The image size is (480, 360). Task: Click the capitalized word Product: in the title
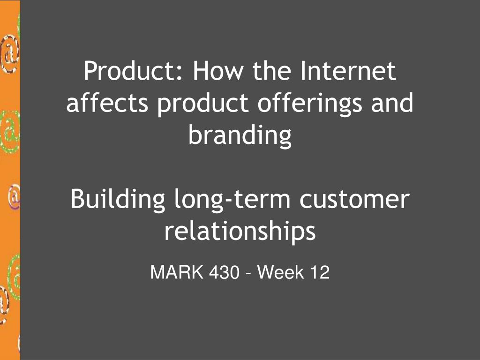[133, 71]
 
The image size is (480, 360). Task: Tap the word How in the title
[218, 71]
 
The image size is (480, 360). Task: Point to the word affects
[107, 103]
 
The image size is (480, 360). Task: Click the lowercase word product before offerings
[202, 104]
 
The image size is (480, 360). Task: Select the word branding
[240, 136]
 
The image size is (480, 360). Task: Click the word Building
[118, 200]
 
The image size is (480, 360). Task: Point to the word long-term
[232, 200]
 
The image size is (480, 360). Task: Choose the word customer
[354, 199]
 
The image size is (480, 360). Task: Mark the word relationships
[240, 232]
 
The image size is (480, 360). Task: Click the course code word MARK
[177, 272]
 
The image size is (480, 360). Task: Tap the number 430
[224, 272]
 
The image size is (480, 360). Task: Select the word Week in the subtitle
[281, 272]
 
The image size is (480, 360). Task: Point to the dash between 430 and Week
[248, 273]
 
